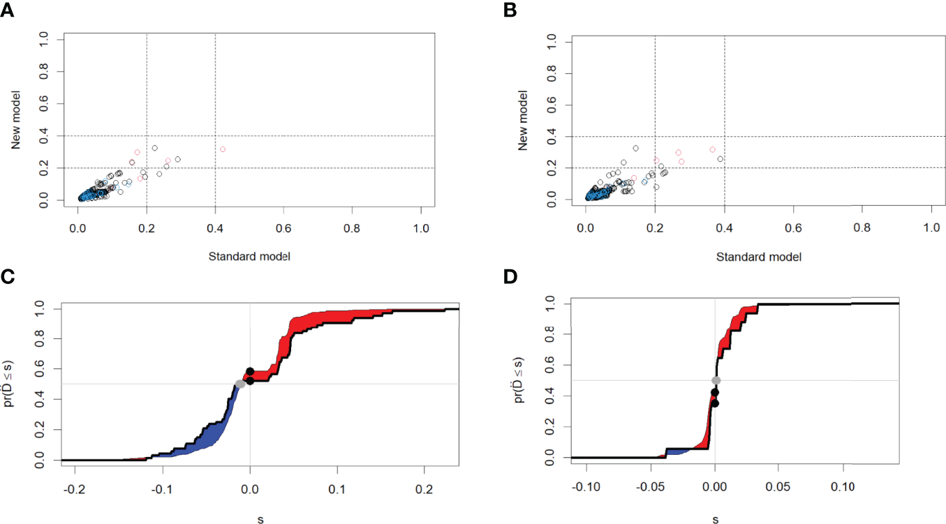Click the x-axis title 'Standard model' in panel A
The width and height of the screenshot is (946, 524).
click(x=249, y=256)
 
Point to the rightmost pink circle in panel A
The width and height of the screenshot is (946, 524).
click(x=223, y=149)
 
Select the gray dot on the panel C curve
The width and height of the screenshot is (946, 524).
click(x=241, y=384)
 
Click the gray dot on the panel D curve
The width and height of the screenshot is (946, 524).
click(x=716, y=380)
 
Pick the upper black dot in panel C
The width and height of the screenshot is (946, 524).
click(x=250, y=371)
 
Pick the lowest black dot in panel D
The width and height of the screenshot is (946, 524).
click(x=715, y=403)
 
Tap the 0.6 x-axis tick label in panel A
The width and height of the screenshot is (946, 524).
click(x=283, y=229)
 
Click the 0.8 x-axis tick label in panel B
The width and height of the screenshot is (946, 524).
click(x=862, y=229)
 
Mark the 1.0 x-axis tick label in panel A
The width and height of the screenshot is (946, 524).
click(x=421, y=229)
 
